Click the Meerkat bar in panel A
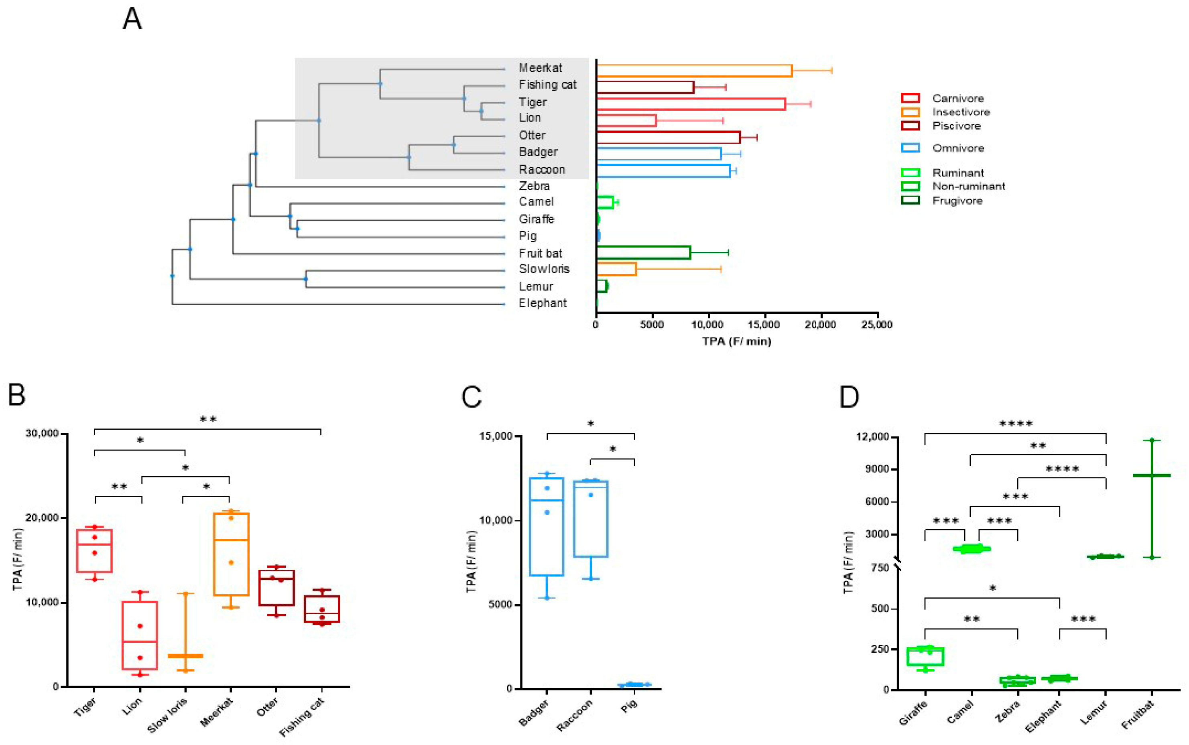tap(694, 71)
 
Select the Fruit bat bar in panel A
tap(643, 252)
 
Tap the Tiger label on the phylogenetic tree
tap(532, 102)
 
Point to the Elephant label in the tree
tap(543, 303)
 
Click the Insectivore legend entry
tap(960, 112)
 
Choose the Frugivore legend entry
tap(957, 201)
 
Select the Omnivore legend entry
tap(957, 148)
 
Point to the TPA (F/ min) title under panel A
tap(736, 341)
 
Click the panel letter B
tap(17, 395)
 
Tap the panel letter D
tap(849, 397)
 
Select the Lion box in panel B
tap(140, 635)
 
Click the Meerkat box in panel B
tap(231, 554)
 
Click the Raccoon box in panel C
tap(591, 518)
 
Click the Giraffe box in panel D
tap(925, 656)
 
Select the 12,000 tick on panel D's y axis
tap(873, 436)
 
